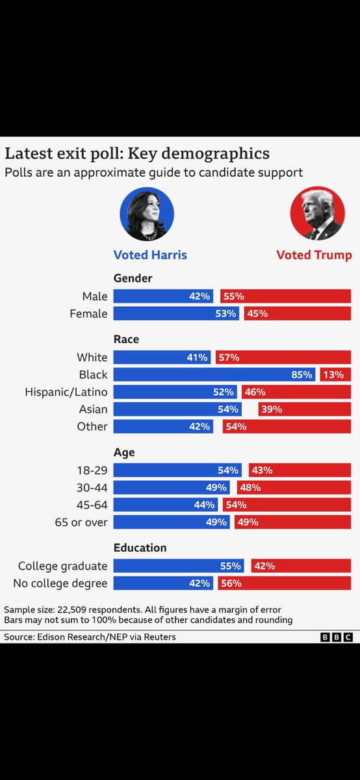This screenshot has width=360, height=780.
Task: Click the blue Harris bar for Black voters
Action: point(214,374)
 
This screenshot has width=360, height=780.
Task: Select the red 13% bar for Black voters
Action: point(335,374)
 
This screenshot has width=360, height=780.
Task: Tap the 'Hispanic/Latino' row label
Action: point(66,392)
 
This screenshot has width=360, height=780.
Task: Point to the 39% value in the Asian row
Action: point(273,409)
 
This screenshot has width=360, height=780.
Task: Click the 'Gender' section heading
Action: point(133,278)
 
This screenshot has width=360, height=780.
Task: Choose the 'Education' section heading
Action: point(140,547)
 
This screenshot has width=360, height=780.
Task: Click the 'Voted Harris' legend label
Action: point(150,255)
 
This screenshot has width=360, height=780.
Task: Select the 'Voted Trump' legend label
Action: point(314,255)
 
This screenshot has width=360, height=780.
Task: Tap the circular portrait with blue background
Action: point(147,214)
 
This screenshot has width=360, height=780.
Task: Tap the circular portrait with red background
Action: point(317,214)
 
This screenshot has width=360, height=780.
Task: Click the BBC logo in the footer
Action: point(337,638)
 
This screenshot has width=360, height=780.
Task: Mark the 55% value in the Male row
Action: point(233,296)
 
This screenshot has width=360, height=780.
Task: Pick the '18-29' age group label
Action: point(92,470)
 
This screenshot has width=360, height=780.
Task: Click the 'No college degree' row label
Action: point(60,583)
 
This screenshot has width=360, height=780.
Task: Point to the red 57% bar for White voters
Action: point(283,357)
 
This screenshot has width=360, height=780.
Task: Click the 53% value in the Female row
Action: point(228,314)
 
